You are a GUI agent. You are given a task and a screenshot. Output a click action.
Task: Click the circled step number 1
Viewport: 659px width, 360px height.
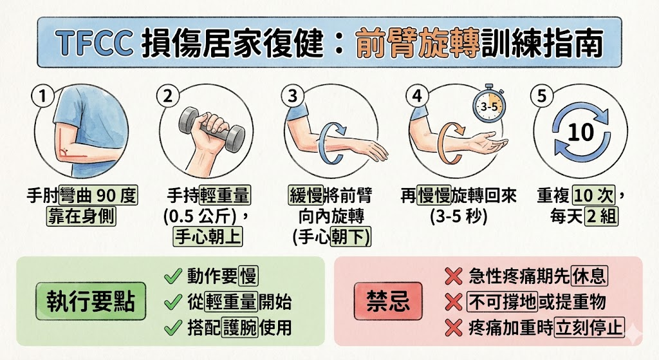pyautogui.click(x=42, y=97)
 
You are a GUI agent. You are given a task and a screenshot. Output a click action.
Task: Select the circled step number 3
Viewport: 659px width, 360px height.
pyautogui.click(x=293, y=97)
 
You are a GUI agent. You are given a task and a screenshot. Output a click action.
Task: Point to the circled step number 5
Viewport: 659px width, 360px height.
pyautogui.click(x=541, y=97)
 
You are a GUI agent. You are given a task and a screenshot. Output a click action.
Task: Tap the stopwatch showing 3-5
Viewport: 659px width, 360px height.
pyautogui.click(x=488, y=106)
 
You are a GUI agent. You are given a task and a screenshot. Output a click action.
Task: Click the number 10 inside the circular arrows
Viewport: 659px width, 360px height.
pyautogui.click(x=580, y=133)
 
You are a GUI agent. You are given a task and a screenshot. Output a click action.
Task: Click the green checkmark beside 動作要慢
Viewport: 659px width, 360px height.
pyautogui.click(x=172, y=277)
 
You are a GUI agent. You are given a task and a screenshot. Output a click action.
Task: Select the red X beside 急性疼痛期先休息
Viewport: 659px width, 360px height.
pyautogui.click(x=454, y=277)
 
